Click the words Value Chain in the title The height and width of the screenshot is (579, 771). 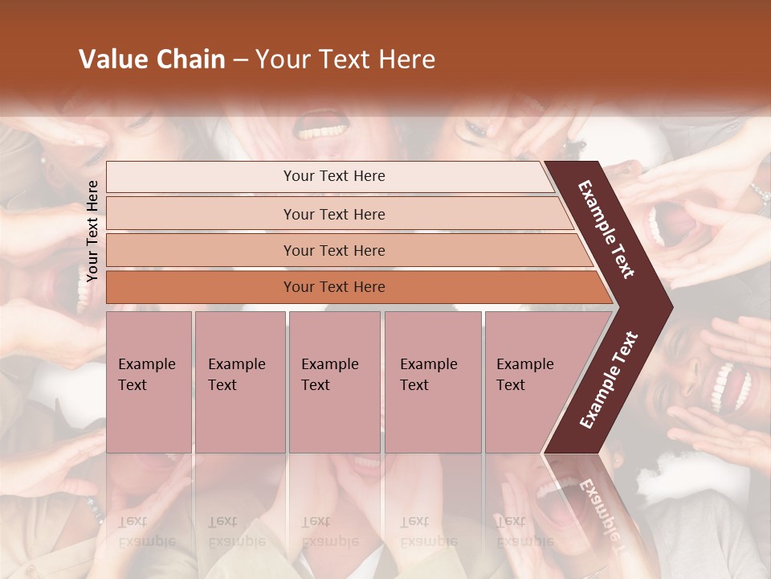(152, 60)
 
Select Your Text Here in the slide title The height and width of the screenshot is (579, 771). (345, 60)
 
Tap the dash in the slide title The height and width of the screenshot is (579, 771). (240, 60)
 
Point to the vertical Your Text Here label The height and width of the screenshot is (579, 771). (92, 231)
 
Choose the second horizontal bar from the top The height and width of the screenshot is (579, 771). (334, 214)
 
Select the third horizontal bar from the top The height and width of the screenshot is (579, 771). (334, 250)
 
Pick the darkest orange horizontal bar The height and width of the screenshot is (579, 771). (334, 287)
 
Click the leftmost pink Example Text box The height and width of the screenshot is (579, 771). (149, 381)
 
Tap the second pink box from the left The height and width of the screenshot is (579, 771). (239, 381)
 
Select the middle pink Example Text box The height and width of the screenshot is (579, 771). (334, 381)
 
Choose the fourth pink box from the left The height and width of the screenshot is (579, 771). (432, 381)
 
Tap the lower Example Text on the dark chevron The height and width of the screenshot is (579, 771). (609, 380)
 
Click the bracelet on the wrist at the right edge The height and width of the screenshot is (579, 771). (759, 193)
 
